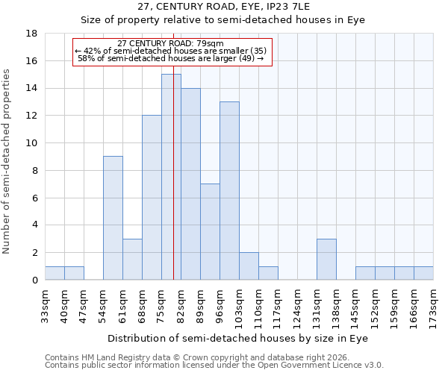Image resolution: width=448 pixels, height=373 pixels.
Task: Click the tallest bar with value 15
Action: coord(171,177)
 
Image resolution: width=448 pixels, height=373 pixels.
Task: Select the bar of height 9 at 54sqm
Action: coord(113,218)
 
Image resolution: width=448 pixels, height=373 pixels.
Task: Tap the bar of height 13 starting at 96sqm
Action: coord(229,190)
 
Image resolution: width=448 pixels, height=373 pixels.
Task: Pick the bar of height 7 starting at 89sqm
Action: coord(210,231)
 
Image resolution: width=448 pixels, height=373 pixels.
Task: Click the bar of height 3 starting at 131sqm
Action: coord(326,259)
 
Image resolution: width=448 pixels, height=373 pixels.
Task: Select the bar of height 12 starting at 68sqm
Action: coord(152,198)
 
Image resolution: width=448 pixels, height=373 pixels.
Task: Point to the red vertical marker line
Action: coord(173,157)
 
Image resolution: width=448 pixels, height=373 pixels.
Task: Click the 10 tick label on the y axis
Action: coord(31,143)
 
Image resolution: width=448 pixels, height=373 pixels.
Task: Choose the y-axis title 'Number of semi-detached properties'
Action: coord(7,161)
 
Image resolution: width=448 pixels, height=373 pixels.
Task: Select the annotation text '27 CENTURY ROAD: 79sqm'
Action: coord(171,44)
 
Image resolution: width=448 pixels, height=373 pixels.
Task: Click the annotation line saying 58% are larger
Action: coord(171,58)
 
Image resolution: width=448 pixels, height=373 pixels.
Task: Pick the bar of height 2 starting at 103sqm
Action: coord(249,266)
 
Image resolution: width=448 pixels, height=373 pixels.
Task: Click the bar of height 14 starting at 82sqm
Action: coord(190,184)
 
